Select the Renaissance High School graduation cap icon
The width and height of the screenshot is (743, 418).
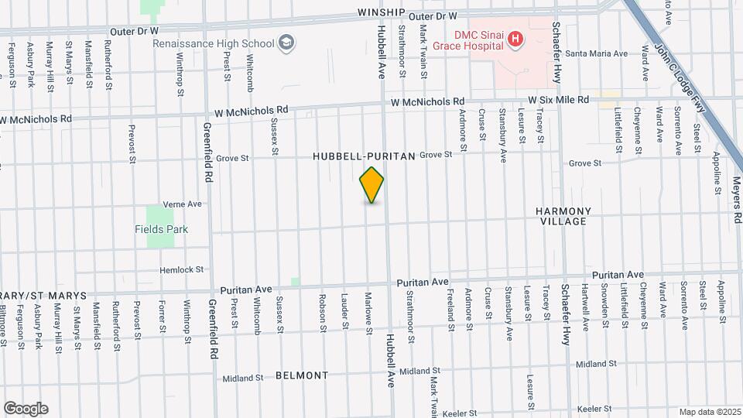point(287,42)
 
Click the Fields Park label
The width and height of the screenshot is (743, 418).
point(161,229)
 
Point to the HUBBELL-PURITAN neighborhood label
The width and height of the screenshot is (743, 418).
point(364,156)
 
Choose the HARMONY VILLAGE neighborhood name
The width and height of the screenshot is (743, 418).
point(563,216)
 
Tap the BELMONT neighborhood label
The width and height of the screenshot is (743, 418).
point(302,375)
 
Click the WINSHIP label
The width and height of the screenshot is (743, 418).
point(382,12)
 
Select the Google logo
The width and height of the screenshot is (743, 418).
point(26,409)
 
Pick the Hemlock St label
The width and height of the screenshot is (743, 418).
point(181,269)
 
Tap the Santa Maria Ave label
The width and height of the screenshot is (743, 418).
point(596,54)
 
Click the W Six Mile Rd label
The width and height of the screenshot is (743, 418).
point(559,100)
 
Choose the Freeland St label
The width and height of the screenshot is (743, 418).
point(450,306)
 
